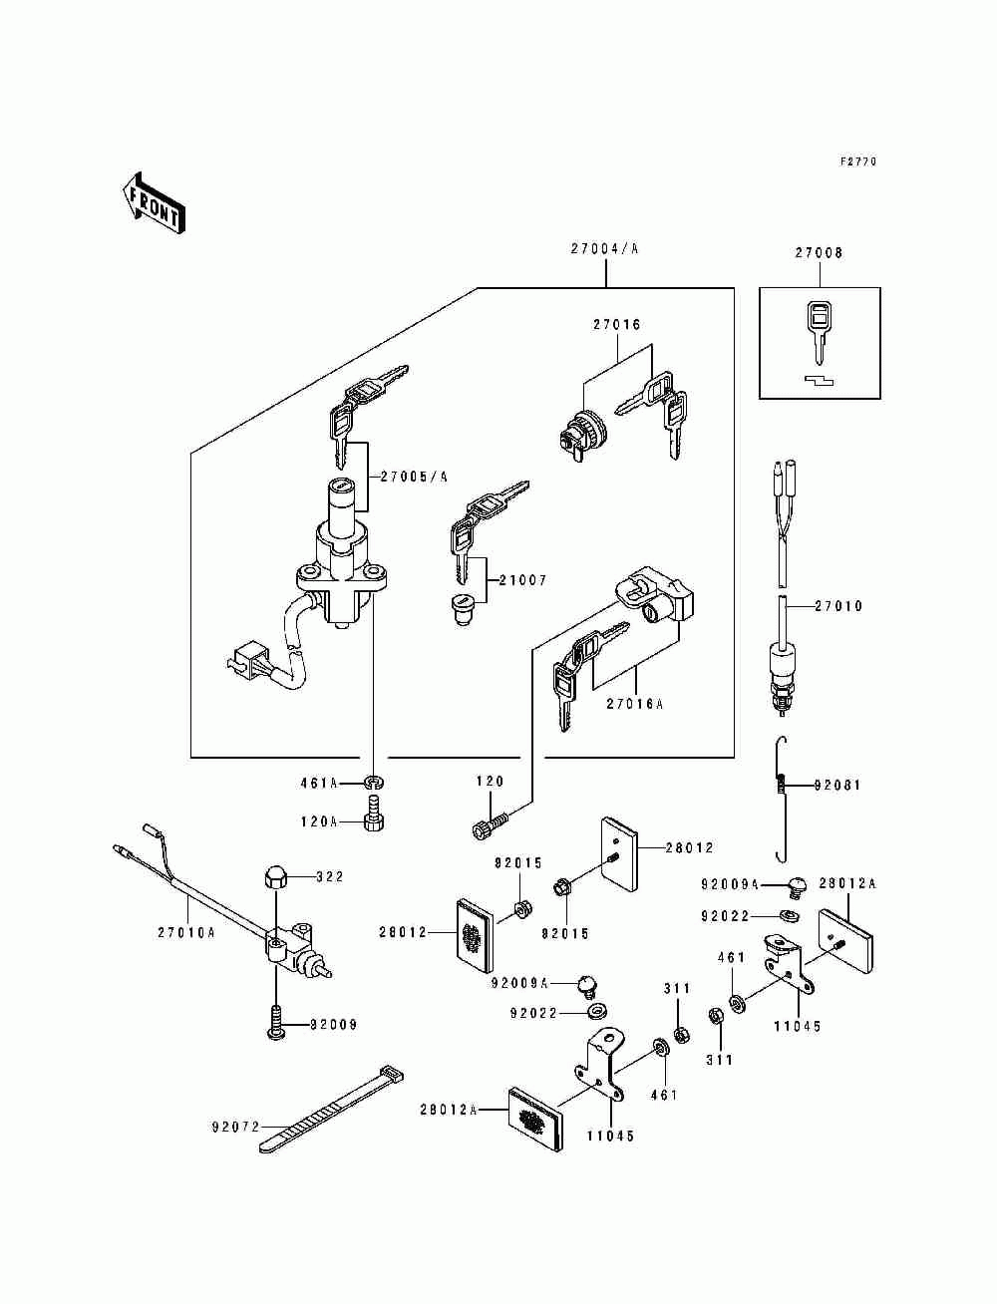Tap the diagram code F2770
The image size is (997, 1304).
(x=858, y=162)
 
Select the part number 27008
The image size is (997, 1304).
(x=819, y=253)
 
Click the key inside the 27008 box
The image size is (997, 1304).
(x=818, y=330)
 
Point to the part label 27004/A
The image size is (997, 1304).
(x=604, y=249)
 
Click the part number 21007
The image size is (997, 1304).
(x=522, y=580)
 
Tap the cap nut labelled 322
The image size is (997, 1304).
(x=273, y=878)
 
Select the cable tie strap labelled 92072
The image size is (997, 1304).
(x=329, y=1113)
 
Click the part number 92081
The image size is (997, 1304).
(x=837, y=786)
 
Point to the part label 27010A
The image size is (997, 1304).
(x=185, y=933)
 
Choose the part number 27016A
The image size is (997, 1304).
(x=634, y=704)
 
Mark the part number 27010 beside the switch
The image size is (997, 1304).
(x=838, y=606)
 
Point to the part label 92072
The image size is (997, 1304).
(x=235, y=1128)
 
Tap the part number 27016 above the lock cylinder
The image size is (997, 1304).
(x=617, y=325)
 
